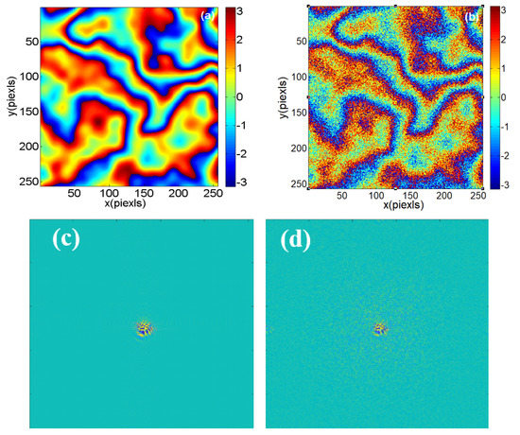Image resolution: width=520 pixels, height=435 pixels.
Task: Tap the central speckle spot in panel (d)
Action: pyautogui.click(x=381, y=328)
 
